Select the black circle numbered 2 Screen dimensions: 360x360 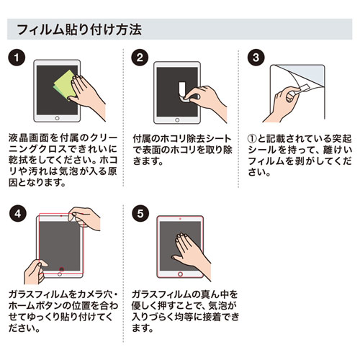[x=140, y=58]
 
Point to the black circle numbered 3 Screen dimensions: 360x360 [x=253, y=58]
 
